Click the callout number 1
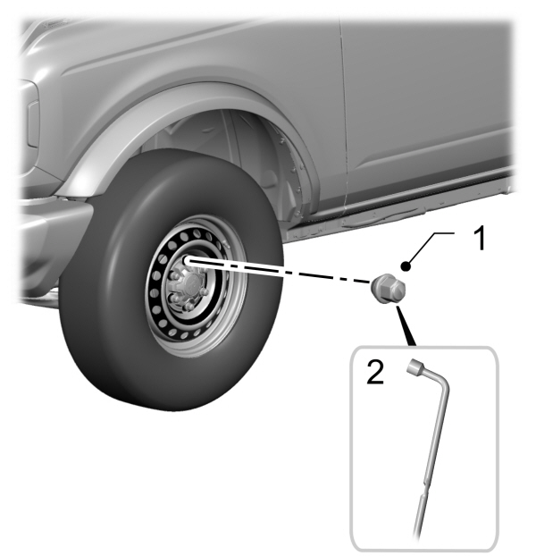pyautogui.click(x=480, y=240)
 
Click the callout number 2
pyautogui.click(x=375, y=372)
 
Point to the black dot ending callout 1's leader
pyautogui.click(x=406, y=266)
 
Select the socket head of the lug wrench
pyautogui.click(x=415, y=366)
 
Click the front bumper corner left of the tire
pyautogui.click(x=53, y=231)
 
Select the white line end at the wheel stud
pyautogui.click(x=188, y=261)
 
